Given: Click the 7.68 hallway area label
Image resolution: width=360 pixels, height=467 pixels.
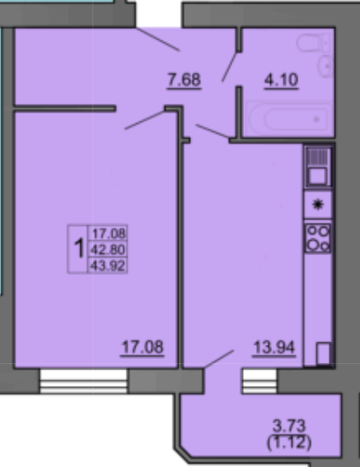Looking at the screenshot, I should (x=185, y=80).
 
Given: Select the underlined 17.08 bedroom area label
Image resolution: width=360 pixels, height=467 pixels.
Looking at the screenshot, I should (x=142, y=345).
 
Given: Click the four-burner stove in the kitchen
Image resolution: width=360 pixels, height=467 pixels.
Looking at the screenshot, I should (x=317, y=237).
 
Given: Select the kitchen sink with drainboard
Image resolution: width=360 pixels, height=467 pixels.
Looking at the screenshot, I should (x=317, y=166).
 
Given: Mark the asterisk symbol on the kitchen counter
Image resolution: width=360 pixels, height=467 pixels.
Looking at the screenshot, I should (x=317, y=203).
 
